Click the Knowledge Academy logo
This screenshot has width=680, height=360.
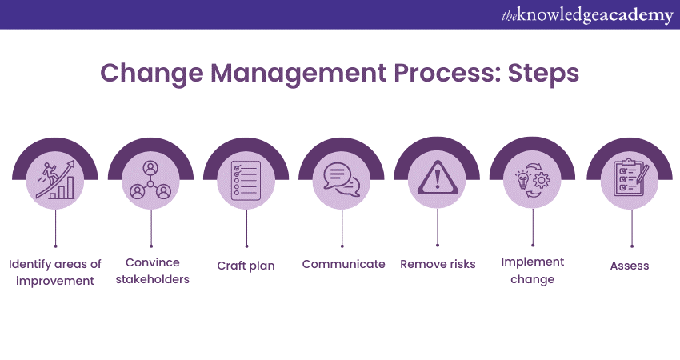(x=586, y=14)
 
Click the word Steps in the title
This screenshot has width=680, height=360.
(x=543, y=74)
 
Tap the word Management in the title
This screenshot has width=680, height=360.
(x=298, y=74)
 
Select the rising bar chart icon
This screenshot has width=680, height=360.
(x=55, y=179)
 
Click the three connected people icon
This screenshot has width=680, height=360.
(x=150, y=180)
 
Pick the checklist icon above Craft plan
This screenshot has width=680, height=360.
(x=246, y=181)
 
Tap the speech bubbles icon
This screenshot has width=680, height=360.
(x=342, y=179)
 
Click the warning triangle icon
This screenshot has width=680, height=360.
(x=437, y=178)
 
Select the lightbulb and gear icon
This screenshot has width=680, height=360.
(x=533, y=180)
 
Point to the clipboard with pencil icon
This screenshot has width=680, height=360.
(x=631, y=178)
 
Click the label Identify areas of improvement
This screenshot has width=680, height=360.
(x=55, y=272)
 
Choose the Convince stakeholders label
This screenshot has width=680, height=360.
(x=152, y=270)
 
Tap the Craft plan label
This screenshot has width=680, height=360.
(x=246, y=266)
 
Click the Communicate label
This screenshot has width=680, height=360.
(x=343, y=264)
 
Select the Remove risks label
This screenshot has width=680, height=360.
(x=438, y=264)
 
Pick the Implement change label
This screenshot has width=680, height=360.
(x=533, y=270)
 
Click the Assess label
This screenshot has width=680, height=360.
(x=630, y=266)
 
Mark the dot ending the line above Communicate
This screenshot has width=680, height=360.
(x=342, y=246)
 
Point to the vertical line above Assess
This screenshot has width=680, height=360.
(x=632, y=227)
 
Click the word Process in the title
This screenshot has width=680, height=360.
(x=446, y=74)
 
